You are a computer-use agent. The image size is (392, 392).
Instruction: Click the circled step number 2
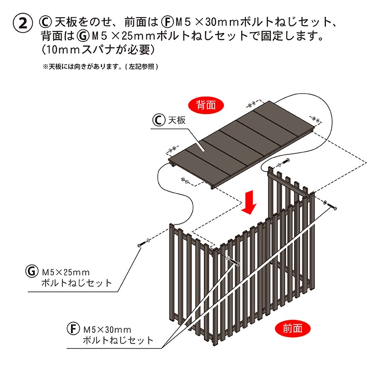22,23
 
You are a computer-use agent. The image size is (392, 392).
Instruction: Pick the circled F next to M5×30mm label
73,329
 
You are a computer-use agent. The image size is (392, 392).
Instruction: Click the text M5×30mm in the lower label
107,329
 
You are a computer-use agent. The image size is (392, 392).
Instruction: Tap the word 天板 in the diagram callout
177,120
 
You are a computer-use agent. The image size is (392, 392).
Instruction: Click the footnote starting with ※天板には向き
100,66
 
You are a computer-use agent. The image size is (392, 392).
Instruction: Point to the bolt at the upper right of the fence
332,206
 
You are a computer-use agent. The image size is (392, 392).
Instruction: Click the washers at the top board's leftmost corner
172,149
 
